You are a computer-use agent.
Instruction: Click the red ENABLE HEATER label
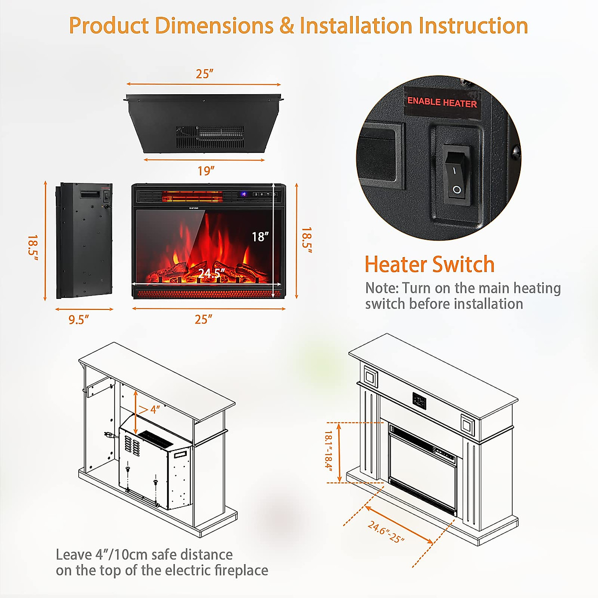point(442,102)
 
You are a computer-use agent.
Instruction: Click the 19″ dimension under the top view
point(205,171)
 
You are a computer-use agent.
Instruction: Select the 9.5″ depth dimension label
point(79,320)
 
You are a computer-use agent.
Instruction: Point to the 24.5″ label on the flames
point(211,273)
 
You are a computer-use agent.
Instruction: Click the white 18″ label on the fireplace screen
point(260,237)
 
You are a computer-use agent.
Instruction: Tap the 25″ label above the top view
point(204,74)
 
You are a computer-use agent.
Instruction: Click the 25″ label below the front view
point(203,319)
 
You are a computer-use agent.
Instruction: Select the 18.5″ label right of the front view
point(306,241)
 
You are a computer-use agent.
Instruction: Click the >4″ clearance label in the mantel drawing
point(149,410)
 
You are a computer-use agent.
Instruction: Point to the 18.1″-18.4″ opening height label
point(328,450)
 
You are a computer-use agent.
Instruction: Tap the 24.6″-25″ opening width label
point(386,532)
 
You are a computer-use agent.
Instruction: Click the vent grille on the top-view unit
point(210,136)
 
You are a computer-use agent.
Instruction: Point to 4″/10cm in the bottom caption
point(121,555)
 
